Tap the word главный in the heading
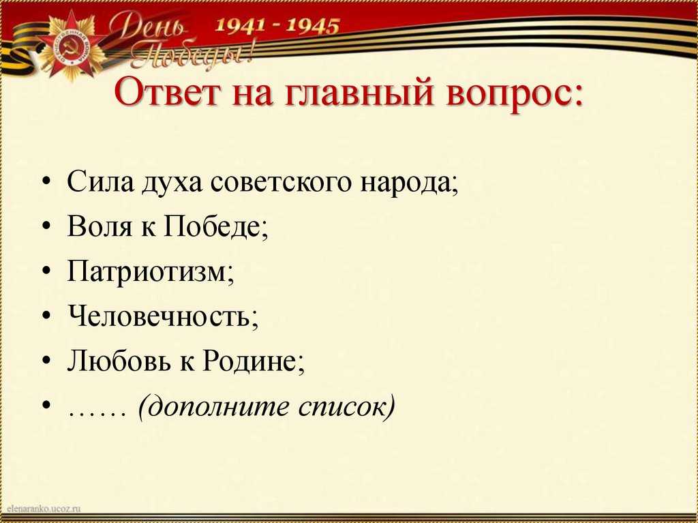348,93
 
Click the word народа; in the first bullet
410,184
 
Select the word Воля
99,228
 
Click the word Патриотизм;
151,271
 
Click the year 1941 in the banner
243,27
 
